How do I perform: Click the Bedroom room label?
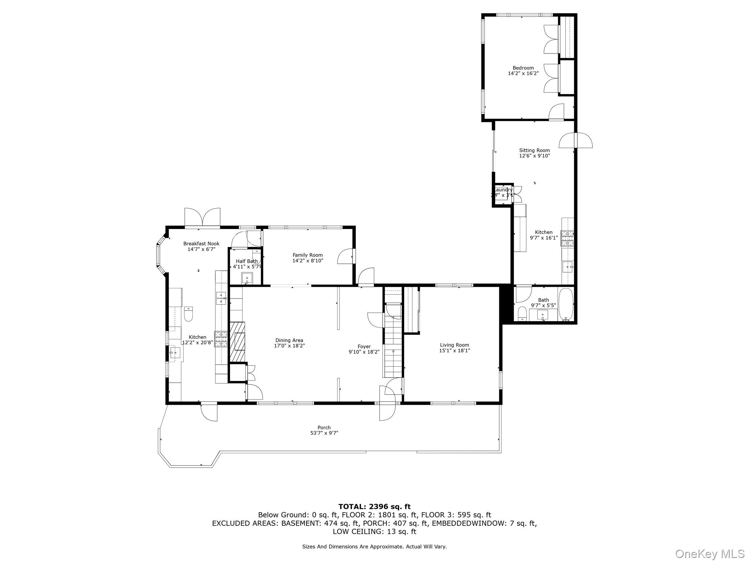(523, 68)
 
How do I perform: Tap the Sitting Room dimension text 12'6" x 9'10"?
(534, 156)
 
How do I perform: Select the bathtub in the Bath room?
(565, 304)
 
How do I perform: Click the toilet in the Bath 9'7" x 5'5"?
(522, 314)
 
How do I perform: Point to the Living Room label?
(454, 345)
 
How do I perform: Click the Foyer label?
(364, 346)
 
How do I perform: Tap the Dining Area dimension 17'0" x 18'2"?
(289, 346)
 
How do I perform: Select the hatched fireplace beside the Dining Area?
(237, 342)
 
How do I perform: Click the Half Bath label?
(247, 261)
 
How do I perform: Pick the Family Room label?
(308, 255)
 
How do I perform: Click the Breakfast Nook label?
(201, 244)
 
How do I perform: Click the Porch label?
(324, 427)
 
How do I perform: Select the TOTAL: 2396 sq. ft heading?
(374, 507)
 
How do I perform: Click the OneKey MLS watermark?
(710, 554)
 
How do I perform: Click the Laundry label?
(503, 190)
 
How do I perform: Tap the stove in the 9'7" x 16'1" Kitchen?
(567, 238)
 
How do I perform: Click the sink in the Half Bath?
(247, 278)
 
